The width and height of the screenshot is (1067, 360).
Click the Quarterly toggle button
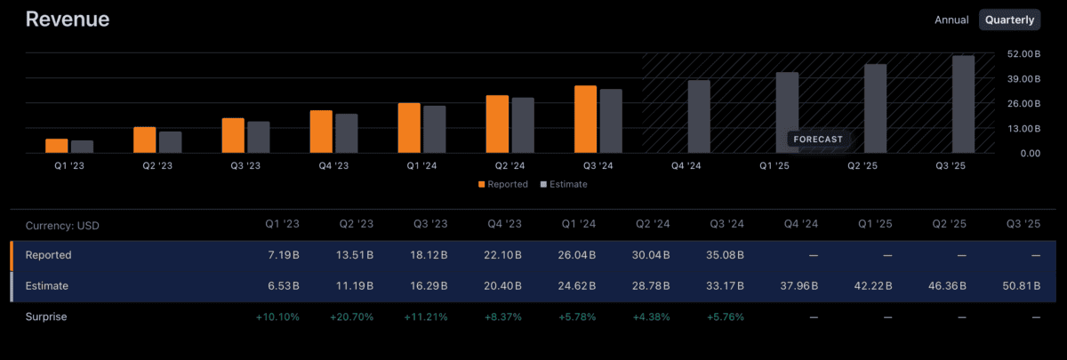[x=1009, y=20]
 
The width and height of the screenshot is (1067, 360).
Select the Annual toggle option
[x=951, y=20]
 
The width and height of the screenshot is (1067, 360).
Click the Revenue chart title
[x=68, y=20]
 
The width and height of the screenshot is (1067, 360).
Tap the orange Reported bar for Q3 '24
[x=585, y=119]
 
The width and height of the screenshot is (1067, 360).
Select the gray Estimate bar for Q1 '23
[x=82, y=147]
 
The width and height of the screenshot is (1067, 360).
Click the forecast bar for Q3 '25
[x=963, y=104]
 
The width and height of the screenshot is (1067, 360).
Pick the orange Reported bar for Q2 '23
[x=144, y=140]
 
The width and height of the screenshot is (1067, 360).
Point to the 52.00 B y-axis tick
[x=1024, y=54]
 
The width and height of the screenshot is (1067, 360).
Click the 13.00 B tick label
[x=1024, y=129]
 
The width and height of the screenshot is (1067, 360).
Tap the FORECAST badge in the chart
[x=818, y=140]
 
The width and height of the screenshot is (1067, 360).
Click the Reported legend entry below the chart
[x=502, y=184]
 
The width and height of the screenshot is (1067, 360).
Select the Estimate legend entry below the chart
[x=563, y=184]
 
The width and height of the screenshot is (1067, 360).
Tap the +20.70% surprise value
[x=352, y=316]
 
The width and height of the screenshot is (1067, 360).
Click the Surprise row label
[x=46, y=316]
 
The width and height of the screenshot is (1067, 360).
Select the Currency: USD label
[x=62, y=226]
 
